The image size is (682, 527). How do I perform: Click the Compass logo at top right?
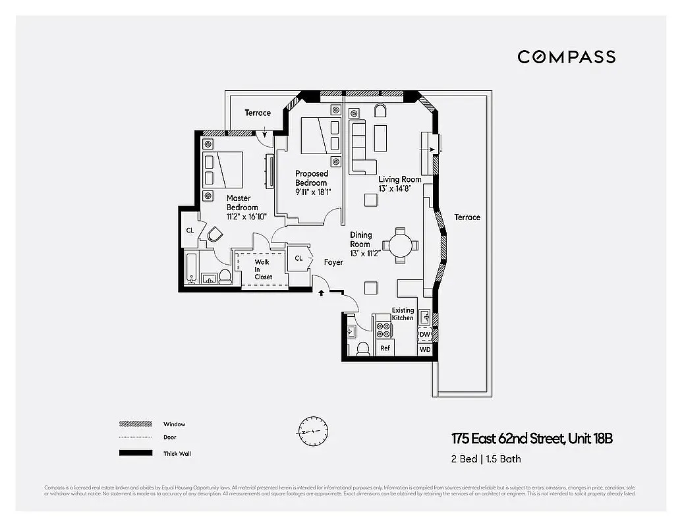[x=566, y=57]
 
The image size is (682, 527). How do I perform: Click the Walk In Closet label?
[x=263, y=269]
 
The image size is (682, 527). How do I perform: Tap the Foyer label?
[x=333, y=262]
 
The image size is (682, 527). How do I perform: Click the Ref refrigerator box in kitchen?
[x=385, y=348]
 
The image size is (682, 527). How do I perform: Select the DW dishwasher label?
[x=425, y=335]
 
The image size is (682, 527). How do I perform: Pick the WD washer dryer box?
[x=425, y=349]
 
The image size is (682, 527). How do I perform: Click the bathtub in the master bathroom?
[x=190, y=269]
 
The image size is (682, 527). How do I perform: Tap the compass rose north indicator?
[x=312, y=431]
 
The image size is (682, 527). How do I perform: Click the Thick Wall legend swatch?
[x=135, y=453]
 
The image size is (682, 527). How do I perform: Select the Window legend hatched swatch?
[x=135, y=424]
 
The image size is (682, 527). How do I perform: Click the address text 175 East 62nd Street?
[x=532, y=439]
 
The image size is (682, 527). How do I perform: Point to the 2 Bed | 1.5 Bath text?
[x=486, y=459]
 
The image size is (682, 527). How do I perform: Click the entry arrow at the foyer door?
[x=322, y=292]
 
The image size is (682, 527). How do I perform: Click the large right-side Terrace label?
[x=467, y=217]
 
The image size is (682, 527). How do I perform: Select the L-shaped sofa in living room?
[x=360, y=148]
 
